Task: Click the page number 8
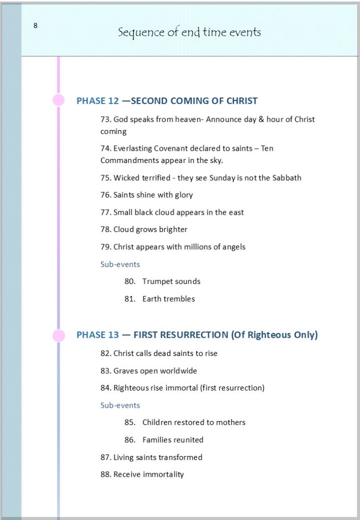[x=36, y=26]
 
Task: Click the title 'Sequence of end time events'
[x=189, y=32]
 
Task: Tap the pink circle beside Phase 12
[x=59, y=100]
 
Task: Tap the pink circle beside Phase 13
[x=59, y=335]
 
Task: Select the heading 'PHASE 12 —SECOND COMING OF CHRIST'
[x=167, y=101]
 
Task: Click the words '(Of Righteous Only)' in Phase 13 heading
[x=274, y=335]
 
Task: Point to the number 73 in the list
[x=105, y=119]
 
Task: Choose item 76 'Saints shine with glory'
[x=147, y=195]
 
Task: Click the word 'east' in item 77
[x=236, y=212]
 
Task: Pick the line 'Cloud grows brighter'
[x=144, y=230]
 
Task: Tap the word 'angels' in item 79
[x=233, y=247]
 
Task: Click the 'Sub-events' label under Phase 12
[x=120, y=264]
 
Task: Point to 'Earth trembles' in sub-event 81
[x=168, y=299]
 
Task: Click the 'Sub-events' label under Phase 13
[x=120, y=405]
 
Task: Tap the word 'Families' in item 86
[x=157, y=440]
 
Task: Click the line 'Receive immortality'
[x=142, y=474]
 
